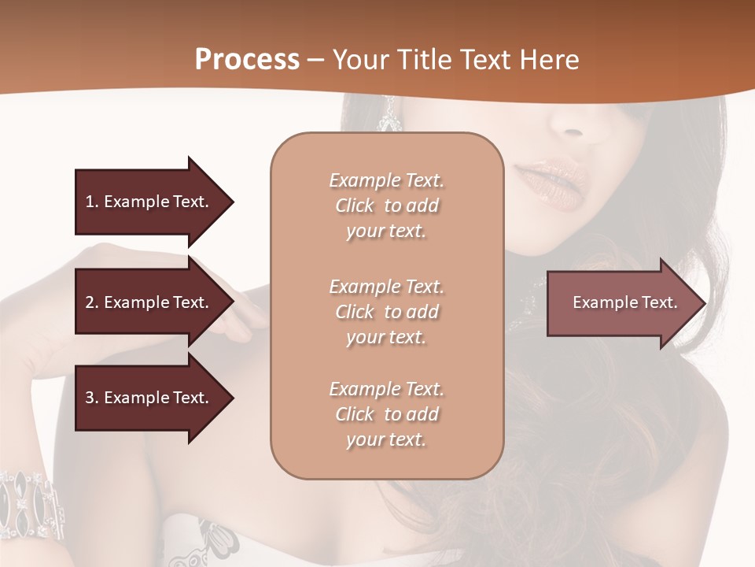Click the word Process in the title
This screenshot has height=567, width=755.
coord(247,60)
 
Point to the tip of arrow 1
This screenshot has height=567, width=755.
coord(232,202)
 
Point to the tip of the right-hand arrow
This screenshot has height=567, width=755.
coord(705,303)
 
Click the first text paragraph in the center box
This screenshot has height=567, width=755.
coord(387,206)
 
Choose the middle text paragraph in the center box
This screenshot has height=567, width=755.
coord(387,312)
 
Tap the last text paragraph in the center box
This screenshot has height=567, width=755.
coord(387,414)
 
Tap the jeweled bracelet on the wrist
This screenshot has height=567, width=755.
coord(31,504)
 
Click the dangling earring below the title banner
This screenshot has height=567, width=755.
coord(389,117)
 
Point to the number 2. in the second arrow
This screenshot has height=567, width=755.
coord(91,302)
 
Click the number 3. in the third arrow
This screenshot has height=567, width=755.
coord(91,398)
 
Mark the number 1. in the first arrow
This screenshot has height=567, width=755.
coord(91,202)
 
